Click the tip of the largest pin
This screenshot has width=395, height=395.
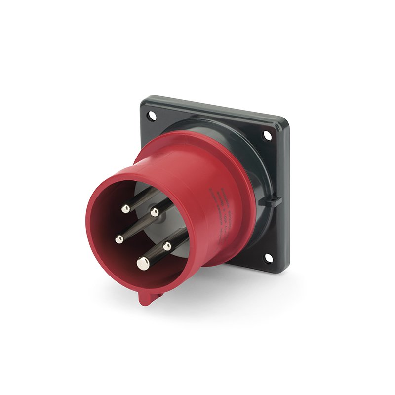pos(143,264)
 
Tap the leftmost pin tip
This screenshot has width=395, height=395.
pos(119,239)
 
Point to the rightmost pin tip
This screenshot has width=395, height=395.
pos(167,245)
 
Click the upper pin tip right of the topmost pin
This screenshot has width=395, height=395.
pos(155,212)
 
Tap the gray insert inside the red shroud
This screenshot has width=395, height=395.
pos(148,190)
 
